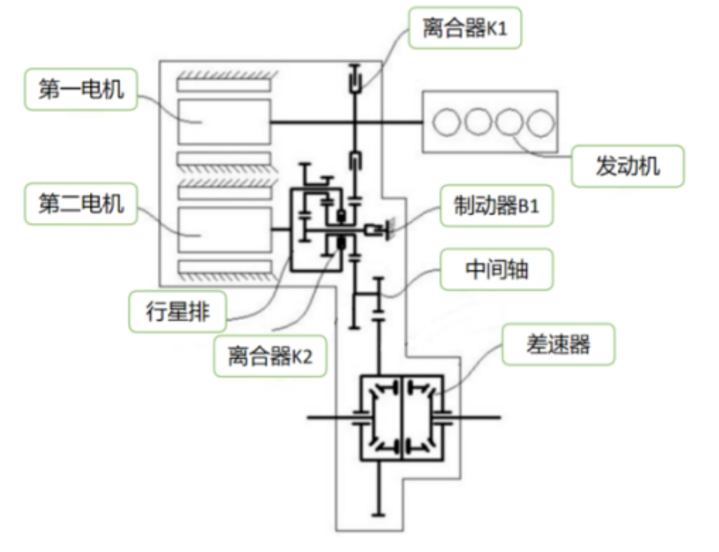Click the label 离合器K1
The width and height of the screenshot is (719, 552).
pos(465,28)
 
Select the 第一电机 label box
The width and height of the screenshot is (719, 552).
pos(81,89)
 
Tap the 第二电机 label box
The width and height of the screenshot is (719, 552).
pos(81,204)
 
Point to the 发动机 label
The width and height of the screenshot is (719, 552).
pos(628,166)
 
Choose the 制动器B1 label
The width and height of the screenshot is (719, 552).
pos(497,206)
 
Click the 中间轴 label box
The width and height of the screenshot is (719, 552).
pos(497,269)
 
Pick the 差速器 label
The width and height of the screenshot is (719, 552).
pos(559,345)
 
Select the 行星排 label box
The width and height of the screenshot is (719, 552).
pos(177,312)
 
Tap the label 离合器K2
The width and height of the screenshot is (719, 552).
pos(270,356)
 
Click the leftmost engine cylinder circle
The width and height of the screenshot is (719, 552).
pos(446,122)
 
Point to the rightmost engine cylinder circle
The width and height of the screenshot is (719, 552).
pos(540,122)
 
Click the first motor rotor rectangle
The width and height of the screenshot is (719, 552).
pos(224,122)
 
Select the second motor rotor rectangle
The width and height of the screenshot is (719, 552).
pos(224,229)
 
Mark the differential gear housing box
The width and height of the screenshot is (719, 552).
pos(402,418)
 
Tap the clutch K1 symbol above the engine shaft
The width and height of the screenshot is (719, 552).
pos(354,79)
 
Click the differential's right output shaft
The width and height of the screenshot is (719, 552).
pos(472,417)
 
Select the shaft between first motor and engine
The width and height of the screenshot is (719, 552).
pos(346,122)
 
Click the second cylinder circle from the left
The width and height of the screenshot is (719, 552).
pos(478,122)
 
